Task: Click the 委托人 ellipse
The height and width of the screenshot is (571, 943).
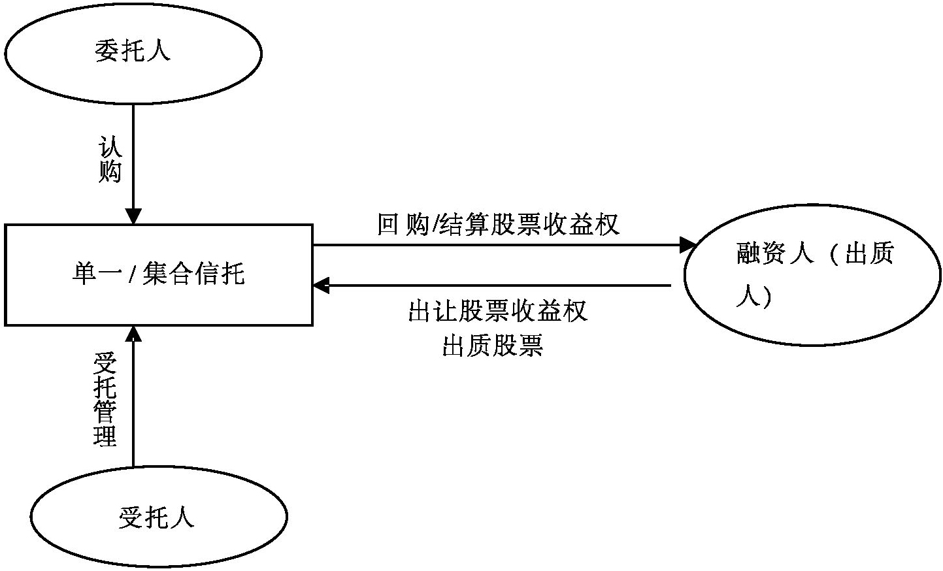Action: point(133,52)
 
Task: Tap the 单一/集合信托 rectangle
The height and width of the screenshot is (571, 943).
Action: point(159,274)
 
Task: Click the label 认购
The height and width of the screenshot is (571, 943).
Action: point(110,159)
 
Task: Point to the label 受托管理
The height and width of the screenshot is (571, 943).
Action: point(105,400)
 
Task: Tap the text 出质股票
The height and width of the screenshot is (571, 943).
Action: point(492,346)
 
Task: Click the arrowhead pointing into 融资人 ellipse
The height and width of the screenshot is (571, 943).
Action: point(689,245)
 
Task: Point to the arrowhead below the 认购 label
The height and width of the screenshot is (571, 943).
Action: point(133,216)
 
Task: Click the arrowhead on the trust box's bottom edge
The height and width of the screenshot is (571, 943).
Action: point(133,333)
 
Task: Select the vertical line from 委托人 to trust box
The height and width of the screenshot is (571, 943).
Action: point(133,157)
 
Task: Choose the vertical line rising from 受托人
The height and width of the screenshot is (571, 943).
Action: point(133,405)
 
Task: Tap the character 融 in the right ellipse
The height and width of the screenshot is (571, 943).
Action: point(748,253)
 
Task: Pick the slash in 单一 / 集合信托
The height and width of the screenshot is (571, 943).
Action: point(131,275)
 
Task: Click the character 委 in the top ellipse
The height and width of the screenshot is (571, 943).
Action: point(107,52)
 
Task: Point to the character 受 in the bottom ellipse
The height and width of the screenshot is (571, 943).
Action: point(131,517)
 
